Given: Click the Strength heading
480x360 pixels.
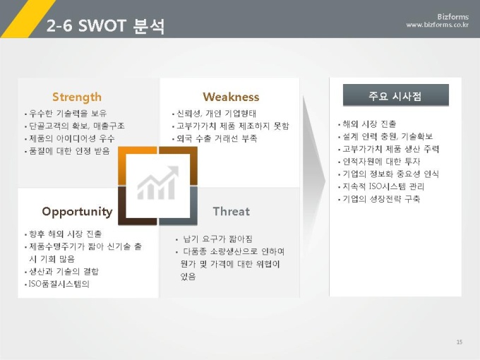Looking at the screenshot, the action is (x=76, y=97).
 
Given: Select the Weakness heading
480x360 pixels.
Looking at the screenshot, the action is (x=231, y=97).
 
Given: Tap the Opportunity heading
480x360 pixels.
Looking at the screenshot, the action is (x=77, y=212).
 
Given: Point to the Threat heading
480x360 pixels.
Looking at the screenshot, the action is (x=231, y=211).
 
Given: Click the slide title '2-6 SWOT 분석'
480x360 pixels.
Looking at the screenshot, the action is (x=106, y=25).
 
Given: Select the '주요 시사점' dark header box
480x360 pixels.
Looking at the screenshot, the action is (x=395, y=95).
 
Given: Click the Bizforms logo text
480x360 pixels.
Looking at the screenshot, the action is (x=452, y=16).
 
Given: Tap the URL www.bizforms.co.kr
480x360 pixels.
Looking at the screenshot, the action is (x=437, y=25).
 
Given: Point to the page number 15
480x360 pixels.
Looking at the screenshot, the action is (x=460, y=342).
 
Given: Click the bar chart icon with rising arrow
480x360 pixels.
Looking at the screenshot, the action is (x=157, y=183).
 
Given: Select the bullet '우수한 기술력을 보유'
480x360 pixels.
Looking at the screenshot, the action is (x=68, y=114).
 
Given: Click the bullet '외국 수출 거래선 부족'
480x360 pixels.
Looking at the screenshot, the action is (x=217, y=138).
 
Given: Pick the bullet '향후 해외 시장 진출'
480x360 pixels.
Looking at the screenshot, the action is (x=65, y=234).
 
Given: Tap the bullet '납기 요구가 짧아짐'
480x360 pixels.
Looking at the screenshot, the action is (x=217, y=239).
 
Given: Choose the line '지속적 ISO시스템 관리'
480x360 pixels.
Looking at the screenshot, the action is (x=383, y=186).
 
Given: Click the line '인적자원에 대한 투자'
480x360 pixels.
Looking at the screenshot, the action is (x=381, y=162).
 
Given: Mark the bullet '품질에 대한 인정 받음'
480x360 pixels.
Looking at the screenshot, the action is (x=69, y=151).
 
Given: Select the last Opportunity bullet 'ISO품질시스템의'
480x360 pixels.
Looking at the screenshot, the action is (x=59, y=284).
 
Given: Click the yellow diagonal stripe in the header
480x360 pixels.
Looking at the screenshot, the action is (x=28, y=18).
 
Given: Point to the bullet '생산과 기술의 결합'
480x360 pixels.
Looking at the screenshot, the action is (x=64, y=272).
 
